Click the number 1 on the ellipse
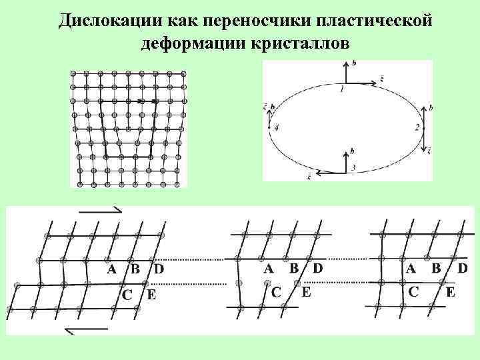[x=341, y=89]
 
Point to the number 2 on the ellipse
[x=417, y=127]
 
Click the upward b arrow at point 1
[x=345, y=72]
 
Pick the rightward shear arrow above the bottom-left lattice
[x=100, y=211]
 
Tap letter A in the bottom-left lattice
[x=112, y=270]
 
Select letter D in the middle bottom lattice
[x=317, y=269]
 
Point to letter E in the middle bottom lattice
[x=306, y=291]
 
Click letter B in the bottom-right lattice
[x=437, y=268]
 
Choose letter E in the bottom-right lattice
[x=451, y=291]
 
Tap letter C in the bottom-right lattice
[x=414, y=291]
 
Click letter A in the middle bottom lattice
[x=269, y=269]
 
